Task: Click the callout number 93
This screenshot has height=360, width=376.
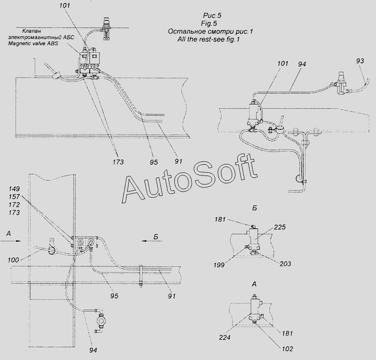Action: [x=360, y=61]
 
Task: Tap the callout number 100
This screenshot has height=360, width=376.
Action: [x=14, y=260]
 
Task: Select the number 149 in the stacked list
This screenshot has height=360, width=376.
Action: [x=14, y=189]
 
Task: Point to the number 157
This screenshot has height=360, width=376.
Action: [x=14, y=197]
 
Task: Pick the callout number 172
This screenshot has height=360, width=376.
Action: [x=14, y=205]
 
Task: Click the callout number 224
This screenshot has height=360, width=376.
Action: [x=225, y=337]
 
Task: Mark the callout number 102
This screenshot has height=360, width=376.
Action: [x=287, y=349]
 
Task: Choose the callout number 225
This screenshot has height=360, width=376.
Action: [x=280, y=227]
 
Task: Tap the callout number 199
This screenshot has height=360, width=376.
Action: [x=219, y=265]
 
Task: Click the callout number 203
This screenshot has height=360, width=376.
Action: [x=285, y=264]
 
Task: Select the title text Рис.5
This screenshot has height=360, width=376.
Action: [x=212, y=16]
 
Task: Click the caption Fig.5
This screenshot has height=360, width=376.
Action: [x=209, y=24]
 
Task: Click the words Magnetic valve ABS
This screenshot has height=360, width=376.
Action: [x=33, y=44]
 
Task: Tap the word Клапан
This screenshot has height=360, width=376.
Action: [x=31, y=31]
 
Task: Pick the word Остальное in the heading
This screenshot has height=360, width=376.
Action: [x=183, y=32]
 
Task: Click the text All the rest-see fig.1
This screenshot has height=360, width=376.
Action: [x=208, y=39]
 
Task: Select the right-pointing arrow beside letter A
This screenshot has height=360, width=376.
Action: [x=11, y=240]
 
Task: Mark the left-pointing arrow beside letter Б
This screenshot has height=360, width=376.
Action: [x=152, y=240]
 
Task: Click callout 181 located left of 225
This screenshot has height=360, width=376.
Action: [x=220, y=219]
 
